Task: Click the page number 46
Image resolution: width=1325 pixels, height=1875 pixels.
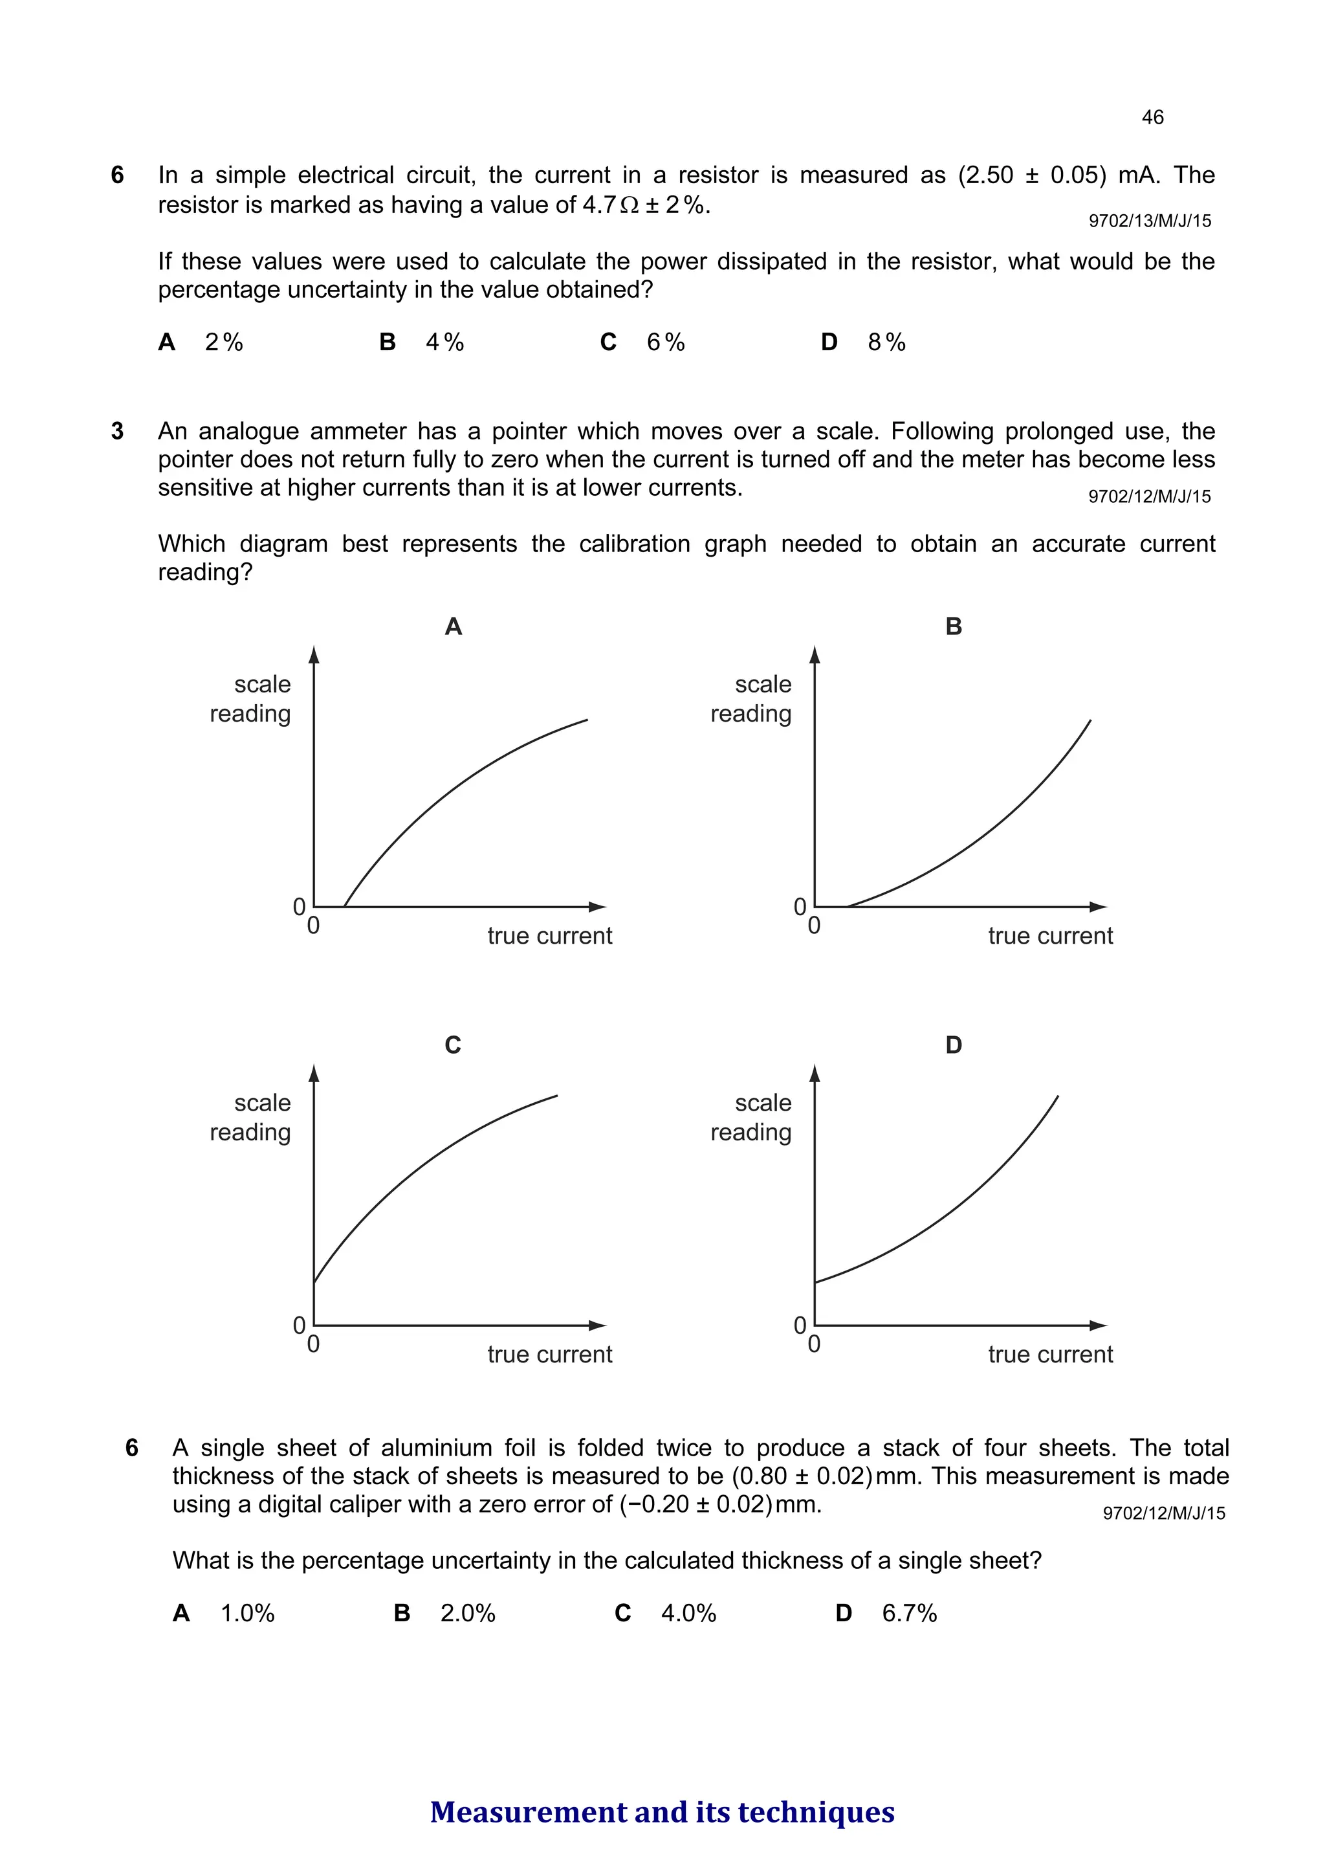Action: point(1152,118)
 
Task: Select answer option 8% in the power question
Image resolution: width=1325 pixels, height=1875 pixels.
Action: point(886,342)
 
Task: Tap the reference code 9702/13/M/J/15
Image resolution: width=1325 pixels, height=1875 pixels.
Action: point(1150,221)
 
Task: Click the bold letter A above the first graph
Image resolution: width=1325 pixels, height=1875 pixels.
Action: point(453,627)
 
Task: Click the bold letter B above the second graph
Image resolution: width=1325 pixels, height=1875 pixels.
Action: point(954,627)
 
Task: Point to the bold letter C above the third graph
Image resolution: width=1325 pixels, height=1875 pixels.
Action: point(453,1045)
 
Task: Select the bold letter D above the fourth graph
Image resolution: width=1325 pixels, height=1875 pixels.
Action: point(954,1045)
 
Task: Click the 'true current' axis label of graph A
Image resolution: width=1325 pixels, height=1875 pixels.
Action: point(549,936)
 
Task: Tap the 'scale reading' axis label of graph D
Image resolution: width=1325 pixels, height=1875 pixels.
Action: point(752,1117)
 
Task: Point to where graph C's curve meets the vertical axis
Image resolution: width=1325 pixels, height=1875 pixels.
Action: point(314,1282)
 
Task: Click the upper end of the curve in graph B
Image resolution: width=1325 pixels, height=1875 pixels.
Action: point(1090,721)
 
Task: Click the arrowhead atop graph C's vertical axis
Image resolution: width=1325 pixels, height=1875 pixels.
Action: point(314,1074)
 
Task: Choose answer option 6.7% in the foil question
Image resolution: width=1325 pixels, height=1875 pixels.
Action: point(908,1614)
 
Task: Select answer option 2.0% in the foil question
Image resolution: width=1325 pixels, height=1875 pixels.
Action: point(468,1614)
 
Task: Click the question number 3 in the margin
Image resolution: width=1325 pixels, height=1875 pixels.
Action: point(118,431)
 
